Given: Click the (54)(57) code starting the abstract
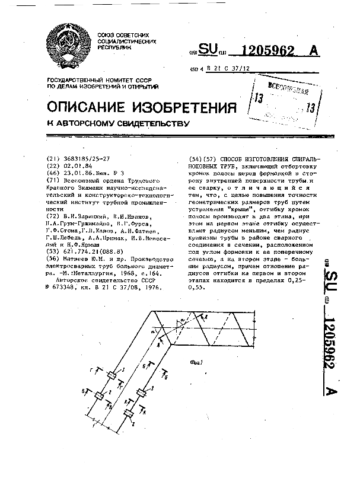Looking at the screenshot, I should click(202, 160).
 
